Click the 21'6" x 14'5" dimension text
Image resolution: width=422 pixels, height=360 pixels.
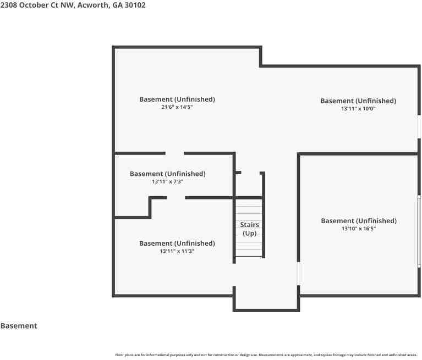(x=177, y=107)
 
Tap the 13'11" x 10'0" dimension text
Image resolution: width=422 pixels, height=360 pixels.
(x=358, y=109)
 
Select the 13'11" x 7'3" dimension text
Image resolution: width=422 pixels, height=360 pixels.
(x=167, y=181)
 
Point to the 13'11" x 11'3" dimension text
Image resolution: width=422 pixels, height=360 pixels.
(x=177, y=251)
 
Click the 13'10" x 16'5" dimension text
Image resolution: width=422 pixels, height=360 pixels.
(x=359, y=229)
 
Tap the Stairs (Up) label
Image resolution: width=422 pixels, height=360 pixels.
(x=249, y=229)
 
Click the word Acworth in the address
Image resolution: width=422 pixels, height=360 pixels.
(x=94, y=5)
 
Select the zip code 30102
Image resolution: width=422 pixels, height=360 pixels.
(x=135, y=5)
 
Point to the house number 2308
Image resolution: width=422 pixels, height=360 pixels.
(x=9, y=5)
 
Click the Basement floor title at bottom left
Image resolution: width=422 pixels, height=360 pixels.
(x=19, y=326)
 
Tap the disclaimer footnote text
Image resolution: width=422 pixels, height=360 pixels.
(x=266, y=355)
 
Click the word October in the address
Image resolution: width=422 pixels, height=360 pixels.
(x=34, y=5)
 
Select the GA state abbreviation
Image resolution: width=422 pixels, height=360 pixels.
(x=118, y=5)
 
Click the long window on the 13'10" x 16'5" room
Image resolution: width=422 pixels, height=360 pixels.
(x=419, y=231)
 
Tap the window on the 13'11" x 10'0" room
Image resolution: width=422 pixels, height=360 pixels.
(x=419, y=127)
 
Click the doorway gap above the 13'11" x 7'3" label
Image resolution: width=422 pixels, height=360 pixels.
(x=174, y=153)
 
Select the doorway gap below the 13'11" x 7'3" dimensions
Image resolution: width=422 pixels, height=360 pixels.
(x=176, y=198)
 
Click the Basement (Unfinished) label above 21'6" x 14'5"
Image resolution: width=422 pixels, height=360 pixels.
(x=177, y=99)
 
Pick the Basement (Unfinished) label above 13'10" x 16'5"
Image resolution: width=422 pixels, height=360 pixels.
(x=359, y=221)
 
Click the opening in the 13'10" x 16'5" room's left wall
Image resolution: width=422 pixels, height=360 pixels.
(x=298, y=273)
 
